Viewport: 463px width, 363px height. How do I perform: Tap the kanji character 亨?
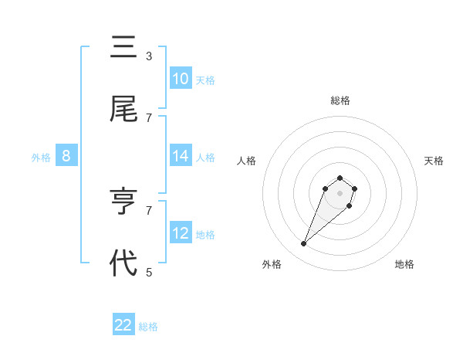[x=123, y=202]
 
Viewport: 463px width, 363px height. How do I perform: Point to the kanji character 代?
[x=123, y=263]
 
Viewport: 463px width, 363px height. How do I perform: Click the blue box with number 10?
[x=181, y=79]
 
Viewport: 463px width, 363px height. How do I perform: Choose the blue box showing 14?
[x=181, y=156]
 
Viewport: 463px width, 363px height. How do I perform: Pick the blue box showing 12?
[x=181, y=233]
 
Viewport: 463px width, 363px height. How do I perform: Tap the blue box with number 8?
[x=66, y=156]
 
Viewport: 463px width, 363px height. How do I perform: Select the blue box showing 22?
[x=123, y=325]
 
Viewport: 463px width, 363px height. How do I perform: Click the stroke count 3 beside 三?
[x=149, y=56]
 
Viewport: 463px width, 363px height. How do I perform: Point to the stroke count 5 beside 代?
[x=149, y=271]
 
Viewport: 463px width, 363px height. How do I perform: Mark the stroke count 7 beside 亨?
[x=149, y=209]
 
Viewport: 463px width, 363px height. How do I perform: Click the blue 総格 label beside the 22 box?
[x=149, y=327]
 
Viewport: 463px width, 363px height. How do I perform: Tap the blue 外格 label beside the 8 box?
[x=41, y=158]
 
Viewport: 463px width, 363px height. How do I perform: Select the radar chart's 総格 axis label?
[x=340, y=100]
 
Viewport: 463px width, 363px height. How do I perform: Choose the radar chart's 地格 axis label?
[x=404, y=264]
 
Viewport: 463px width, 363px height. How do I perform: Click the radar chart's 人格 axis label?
[x=246, y=161]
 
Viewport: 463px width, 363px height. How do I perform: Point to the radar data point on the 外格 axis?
[x=304, y=244]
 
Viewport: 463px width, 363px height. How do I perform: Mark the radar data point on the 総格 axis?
[x=340, y=177]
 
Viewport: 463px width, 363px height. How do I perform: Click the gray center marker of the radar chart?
[x=340, y=193]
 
